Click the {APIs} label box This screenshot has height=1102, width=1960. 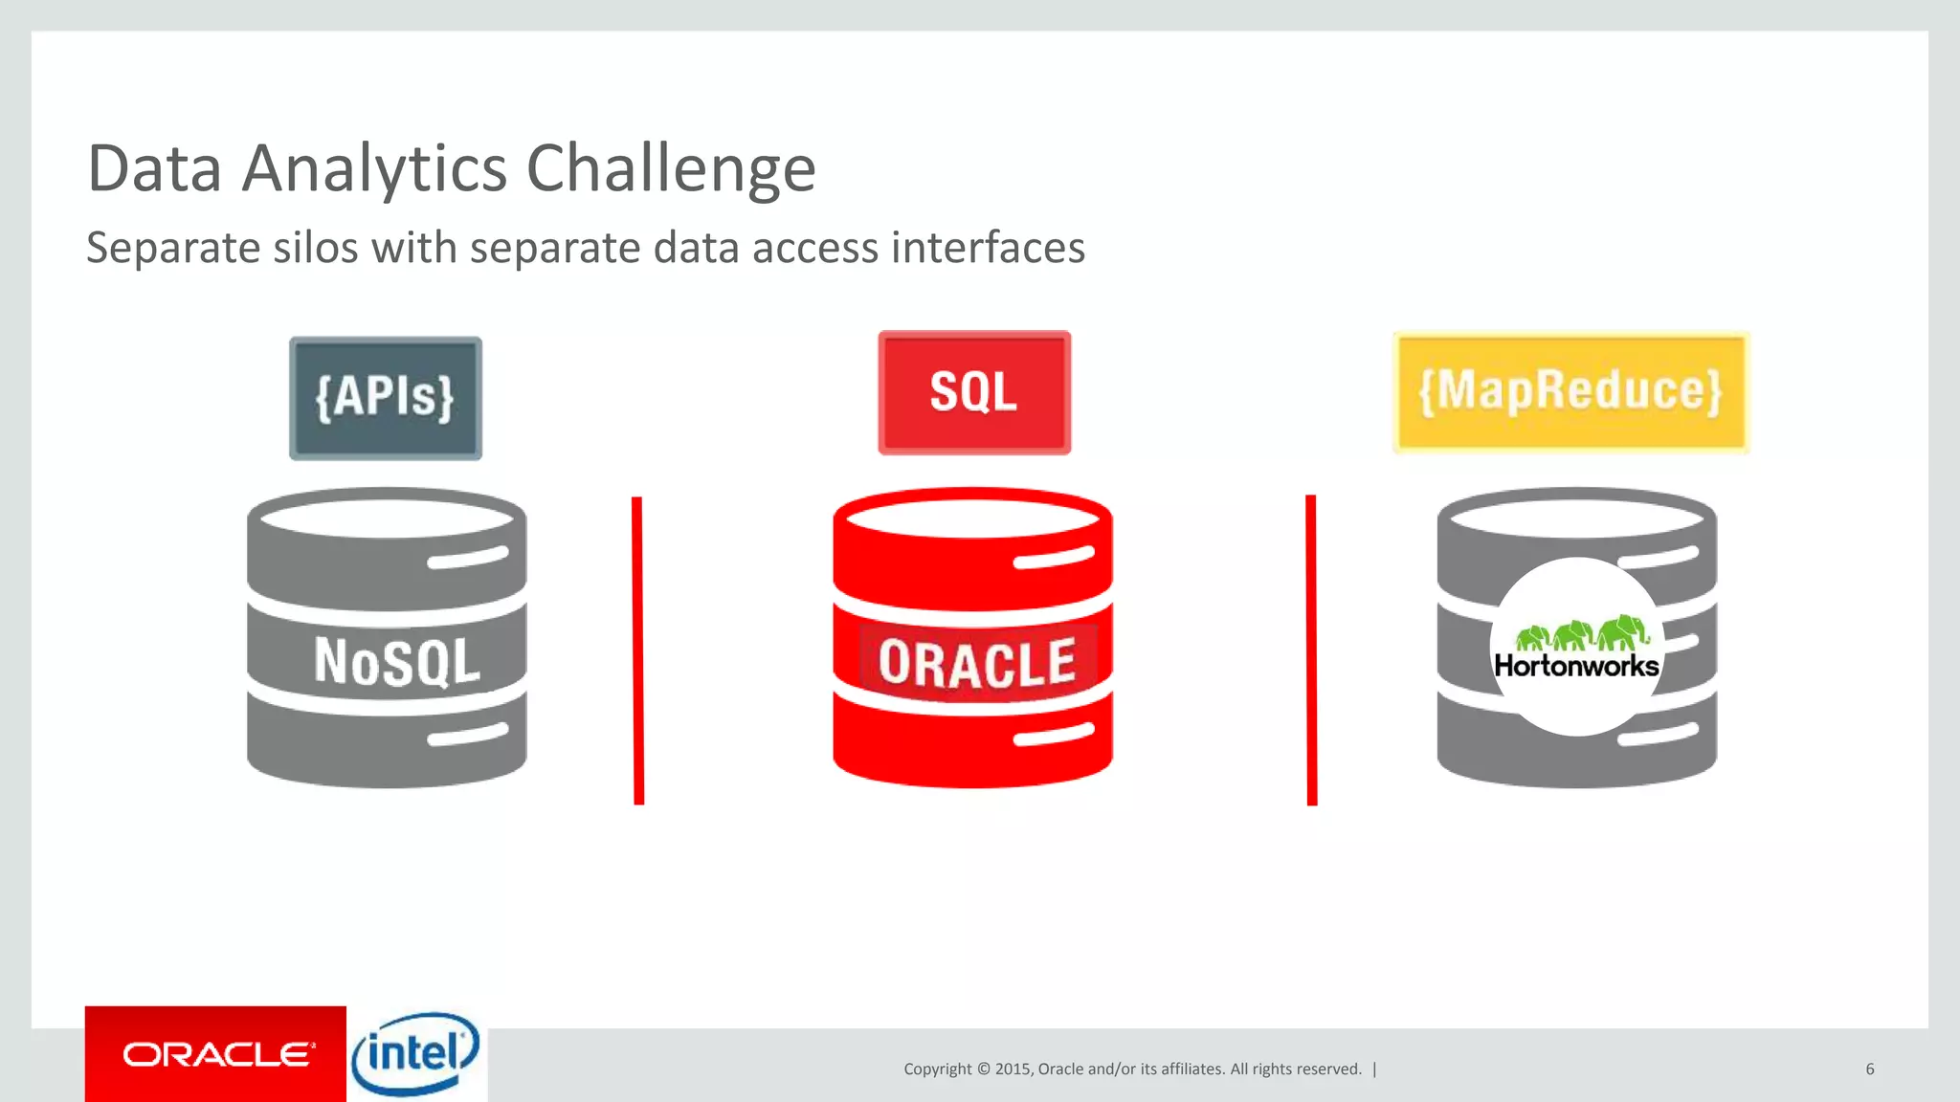pyautogui.click(x=386, y=397)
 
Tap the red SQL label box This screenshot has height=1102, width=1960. pyautogui.click(x=973, y=392)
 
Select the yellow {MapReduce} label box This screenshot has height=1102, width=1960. pyautogui.click(x=1570, y=391)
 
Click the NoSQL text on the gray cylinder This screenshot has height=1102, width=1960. pyautogui.click(x=397, y=661)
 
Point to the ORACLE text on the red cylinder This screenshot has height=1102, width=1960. pyautogui.click(x=977, y=663)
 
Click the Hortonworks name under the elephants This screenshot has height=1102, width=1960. pyautogui.click(x=1576, y=666)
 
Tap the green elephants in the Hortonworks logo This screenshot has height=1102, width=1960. pyautogui.click(x=1581, y=632)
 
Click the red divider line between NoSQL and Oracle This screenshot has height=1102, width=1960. pyautogui.click(x=638, y=650)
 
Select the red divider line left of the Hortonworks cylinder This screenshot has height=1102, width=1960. pyautogui.click(x=1311, y=650)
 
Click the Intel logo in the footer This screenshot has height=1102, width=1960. pyautogui.click(x=415, y=1054)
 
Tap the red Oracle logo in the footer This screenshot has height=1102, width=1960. pyautogui.click(x=216, y=1054)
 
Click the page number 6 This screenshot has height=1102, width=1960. pyautogui.click(x=1869, y=1069)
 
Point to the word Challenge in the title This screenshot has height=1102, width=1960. pyautogui.click(x=671, y=169)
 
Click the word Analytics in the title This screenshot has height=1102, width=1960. pyautogui.click(x=374, y=169)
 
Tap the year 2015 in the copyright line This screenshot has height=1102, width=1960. pyautogui.click(x=1012, y=1069)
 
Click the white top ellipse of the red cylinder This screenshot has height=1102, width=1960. pyautogui.click(x=972, y=518)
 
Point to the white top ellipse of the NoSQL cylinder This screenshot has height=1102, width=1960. pyautogui.click(x=387, y=518)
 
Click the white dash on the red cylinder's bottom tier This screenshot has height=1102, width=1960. pyautogui.click(x=1053, y=735)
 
